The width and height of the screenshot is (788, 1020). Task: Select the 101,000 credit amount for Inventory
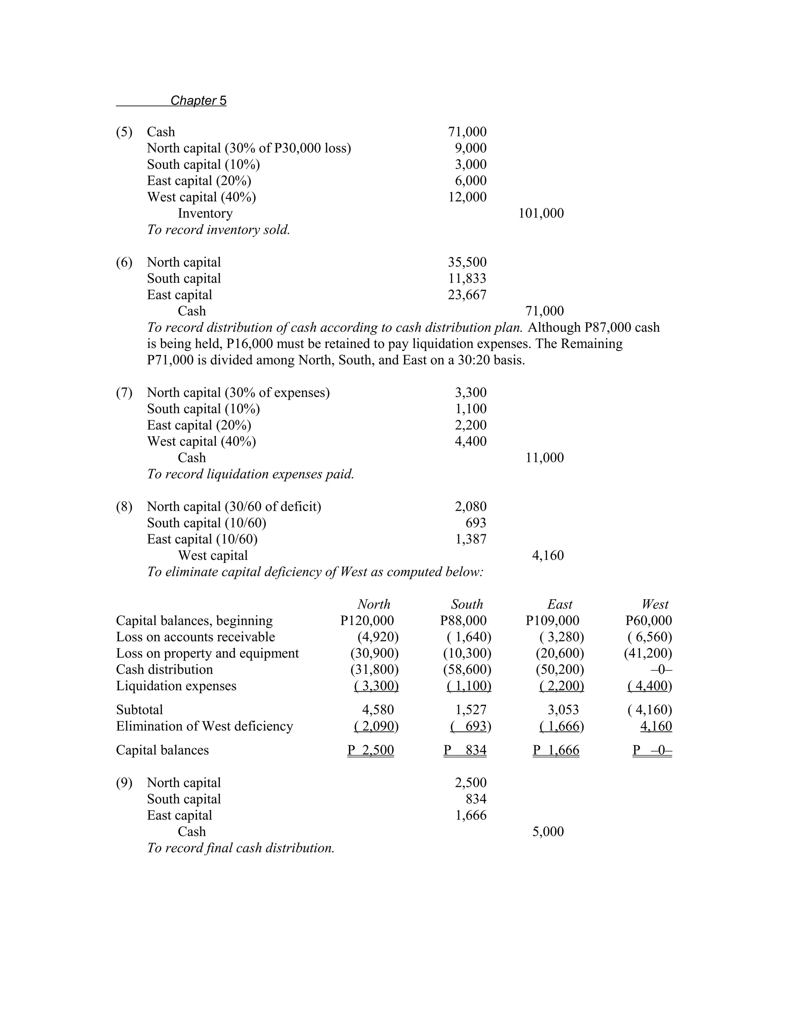click(x=541, y=214)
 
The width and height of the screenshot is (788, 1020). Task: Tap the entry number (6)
click(x=124, y=263)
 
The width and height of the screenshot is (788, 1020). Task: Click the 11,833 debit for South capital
click(x=467, y=279)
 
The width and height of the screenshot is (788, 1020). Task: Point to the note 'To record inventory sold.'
click(x=219, y=230)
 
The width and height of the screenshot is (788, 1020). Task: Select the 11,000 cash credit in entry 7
click(x=544, y=458)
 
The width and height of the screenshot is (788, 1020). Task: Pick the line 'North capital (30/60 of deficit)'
click(x=234, y=507)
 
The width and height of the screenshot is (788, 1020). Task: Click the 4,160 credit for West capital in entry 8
click(x=548, y=556)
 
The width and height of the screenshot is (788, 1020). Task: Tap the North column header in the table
click(x=374, y=604)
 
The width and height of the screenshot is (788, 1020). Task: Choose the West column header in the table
click(x=654, y=604)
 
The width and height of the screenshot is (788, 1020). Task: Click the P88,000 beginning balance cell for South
click(x=463, y=621)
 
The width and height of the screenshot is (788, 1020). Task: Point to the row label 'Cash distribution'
click(x=164, y=670)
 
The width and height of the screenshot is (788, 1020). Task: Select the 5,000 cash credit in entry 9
click(x=548, y=832)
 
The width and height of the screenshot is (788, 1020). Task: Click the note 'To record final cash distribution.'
click(x=241, y=848)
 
